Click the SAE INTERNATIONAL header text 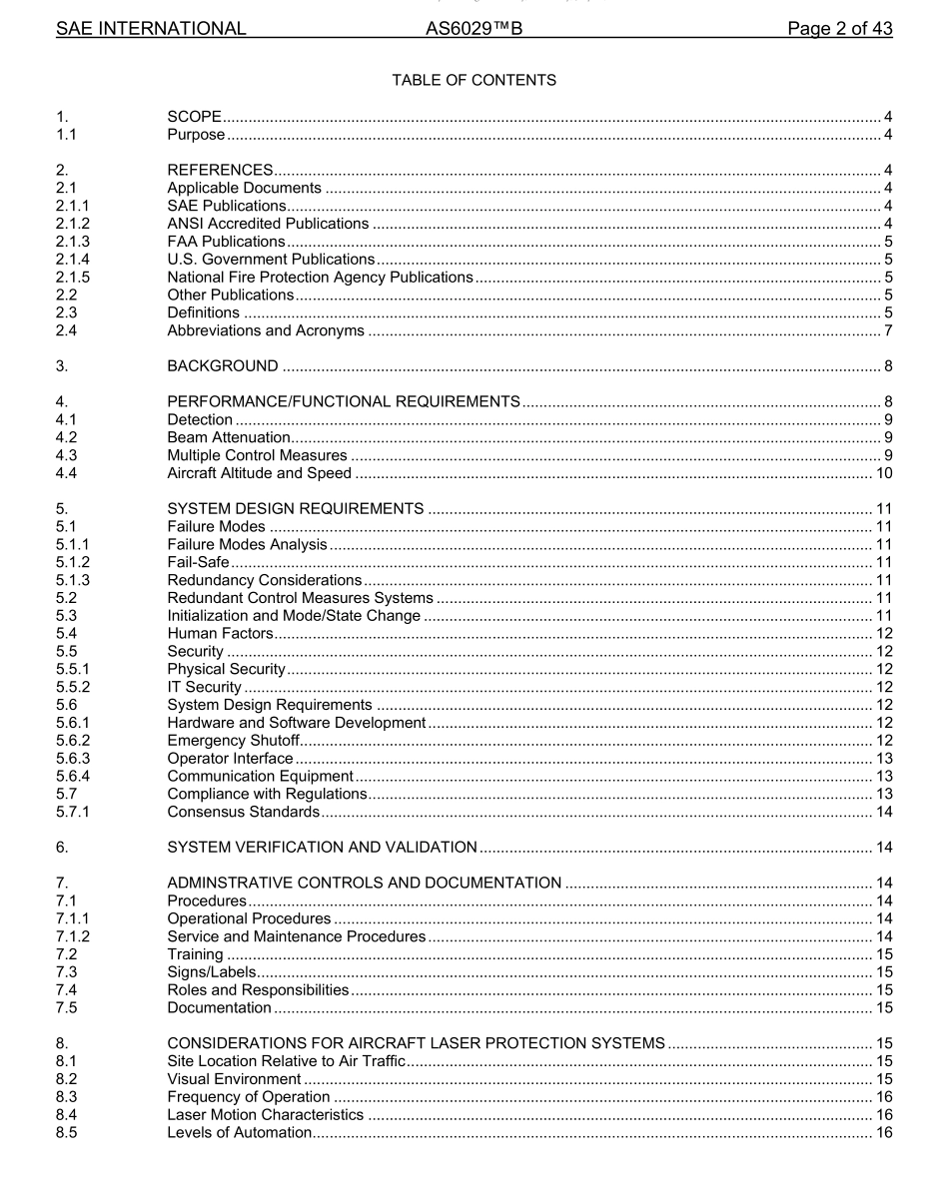click(x=150, y=29)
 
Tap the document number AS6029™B click(x=474, y=29)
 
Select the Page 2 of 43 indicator click(x=839, y=29)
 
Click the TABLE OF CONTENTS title click(x=474, y=80)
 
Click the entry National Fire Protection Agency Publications click(x=320, y=277)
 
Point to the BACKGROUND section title click(x=223, y=365)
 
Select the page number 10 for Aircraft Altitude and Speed click(x=883, y=473)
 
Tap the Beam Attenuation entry click(x=229, y=437)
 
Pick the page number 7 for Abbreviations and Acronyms click(x=887, y=330)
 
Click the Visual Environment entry click(x=234, y=1079)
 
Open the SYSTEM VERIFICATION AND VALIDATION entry click(x=322, y=847)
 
